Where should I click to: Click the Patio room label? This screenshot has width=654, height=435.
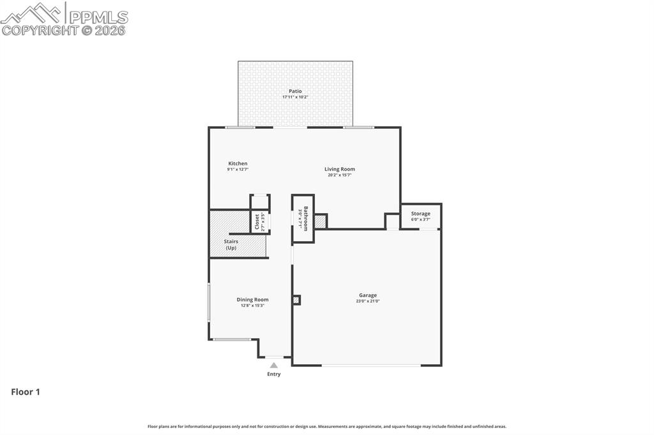coord(295,91)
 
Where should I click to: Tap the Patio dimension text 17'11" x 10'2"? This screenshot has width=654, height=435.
coord(295,97)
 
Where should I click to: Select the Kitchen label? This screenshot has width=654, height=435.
coord(238,163)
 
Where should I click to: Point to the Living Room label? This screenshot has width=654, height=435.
coord(339,169)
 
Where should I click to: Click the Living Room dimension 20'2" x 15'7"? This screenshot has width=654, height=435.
coord(339,175)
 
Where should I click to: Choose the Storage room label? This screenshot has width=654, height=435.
coord(420,214)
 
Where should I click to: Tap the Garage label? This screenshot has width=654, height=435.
coord(367,295)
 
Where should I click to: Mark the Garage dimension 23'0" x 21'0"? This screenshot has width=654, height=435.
coord(367,301)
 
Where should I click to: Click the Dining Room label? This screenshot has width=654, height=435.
coord(252,299)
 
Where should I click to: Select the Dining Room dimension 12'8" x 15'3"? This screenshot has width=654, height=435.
coord(252,306)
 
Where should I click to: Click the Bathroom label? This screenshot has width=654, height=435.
coord(306,219)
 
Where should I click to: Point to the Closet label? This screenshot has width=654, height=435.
coord(257,221)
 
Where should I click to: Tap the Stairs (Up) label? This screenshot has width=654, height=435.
coord(231,244)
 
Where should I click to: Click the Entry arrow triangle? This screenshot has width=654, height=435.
coord(273,365)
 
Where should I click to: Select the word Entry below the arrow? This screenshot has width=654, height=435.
coord(273,374)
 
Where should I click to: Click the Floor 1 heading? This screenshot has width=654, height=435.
coord(26,392)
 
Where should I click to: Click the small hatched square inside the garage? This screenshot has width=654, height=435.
coord(296,300)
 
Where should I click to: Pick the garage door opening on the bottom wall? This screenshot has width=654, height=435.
coord(371,365)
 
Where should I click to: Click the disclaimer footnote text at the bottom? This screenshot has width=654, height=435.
coord(327,426)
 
